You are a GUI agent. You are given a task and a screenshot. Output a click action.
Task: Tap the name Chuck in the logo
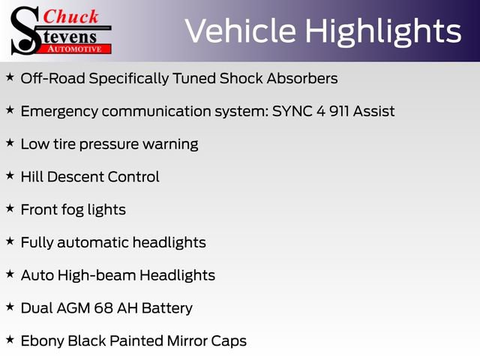(72, 16)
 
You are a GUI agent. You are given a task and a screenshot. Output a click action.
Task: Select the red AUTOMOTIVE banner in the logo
(75, 48)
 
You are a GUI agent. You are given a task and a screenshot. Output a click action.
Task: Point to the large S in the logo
(27, 30)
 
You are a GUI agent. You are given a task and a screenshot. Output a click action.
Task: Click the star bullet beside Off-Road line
(10, 77)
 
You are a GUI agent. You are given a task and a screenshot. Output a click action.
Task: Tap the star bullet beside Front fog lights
(10, 208)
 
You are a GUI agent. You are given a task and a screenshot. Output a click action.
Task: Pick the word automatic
(91, 242)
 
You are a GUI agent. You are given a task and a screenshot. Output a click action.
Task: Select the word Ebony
(42, 341)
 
